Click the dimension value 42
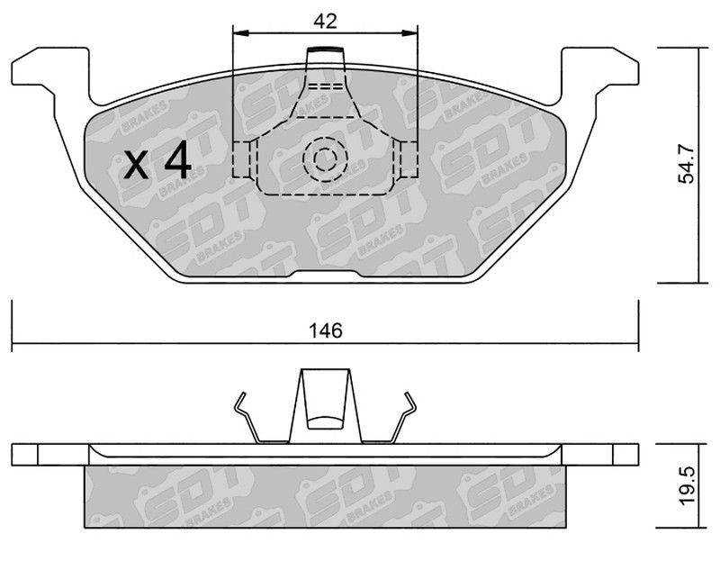tap(325, 21)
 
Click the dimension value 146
tap(326, 330)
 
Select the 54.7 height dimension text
tap(687, 164)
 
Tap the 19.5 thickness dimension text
tap(687, 486)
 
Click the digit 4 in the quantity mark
tap(177, 159)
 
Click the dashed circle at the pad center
tap(325, 158)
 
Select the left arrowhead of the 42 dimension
tap(240, 32)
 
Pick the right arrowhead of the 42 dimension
tap(410, 32)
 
